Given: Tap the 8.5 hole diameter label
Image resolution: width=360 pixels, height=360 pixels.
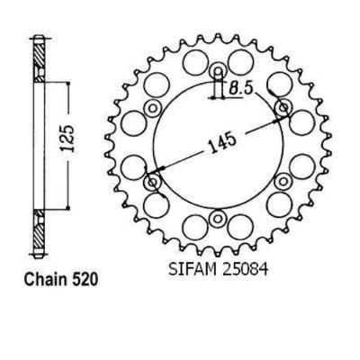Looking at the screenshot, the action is [241, 88].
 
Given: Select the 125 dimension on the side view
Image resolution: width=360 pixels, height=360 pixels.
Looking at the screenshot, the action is [68, 138].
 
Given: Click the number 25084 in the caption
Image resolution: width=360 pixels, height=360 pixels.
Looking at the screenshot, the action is [245, 269].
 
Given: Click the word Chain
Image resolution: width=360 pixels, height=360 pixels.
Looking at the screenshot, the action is [45, 280].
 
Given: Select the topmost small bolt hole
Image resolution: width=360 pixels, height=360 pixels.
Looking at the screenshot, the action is [218, 71].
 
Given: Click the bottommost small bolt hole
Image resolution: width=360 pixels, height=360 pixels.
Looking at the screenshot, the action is [217, 218].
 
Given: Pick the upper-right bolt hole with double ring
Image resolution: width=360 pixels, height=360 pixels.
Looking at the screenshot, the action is [283, 107].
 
